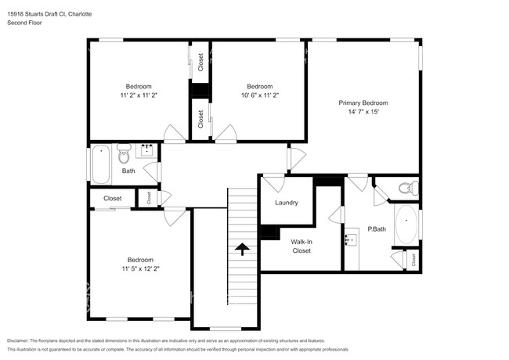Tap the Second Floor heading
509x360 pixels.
(24, 23)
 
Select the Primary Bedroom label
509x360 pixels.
(363, 103)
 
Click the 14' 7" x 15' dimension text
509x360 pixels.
(363, 112)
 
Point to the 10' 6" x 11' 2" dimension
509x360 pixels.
(259, 95)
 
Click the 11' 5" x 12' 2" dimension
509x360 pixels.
(140, 268)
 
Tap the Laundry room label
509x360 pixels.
(286, 203)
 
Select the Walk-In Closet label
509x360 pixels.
(301, 247)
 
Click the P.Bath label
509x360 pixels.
(377, 229)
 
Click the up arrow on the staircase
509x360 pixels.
(242, 250)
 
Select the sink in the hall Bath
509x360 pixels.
(146, 149)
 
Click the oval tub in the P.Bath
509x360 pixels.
(406, 225)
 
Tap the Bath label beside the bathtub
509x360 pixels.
(128, 171)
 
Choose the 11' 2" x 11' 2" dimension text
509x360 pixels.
(139, 95)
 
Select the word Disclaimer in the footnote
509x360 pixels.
(22, 341)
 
